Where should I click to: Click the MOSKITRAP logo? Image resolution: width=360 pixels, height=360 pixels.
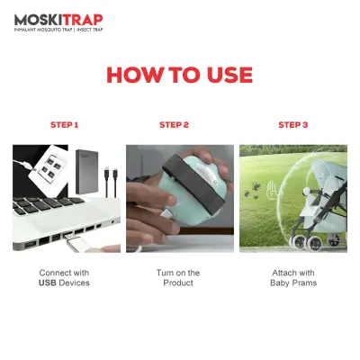[x=58, y=20]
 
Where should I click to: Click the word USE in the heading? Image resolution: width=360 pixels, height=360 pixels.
[x=229, y=75]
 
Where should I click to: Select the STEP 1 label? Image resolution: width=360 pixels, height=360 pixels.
[x=65, y=125]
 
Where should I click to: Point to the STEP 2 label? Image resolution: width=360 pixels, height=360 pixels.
[x=175, y=125]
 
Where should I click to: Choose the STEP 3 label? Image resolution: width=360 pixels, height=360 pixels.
[x=293, y=125]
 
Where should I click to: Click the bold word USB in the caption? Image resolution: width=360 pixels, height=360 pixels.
[x=48, y=283]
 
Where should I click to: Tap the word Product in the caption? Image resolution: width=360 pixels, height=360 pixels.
[x=178, y=283]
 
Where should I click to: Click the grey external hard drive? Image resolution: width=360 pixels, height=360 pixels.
[x=87, y=172]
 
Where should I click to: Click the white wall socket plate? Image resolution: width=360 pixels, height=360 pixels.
[x=48, y=169]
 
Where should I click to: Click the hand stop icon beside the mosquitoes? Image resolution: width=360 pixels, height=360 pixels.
[x=272, y=188]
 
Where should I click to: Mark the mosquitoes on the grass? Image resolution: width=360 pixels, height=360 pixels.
[x=252, y=192]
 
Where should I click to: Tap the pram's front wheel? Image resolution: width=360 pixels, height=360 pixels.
[x=301, y=242]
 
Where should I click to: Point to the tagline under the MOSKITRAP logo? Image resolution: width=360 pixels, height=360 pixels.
[x=58, y=30]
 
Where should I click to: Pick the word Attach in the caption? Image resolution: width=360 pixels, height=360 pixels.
[x=283, y=273]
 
